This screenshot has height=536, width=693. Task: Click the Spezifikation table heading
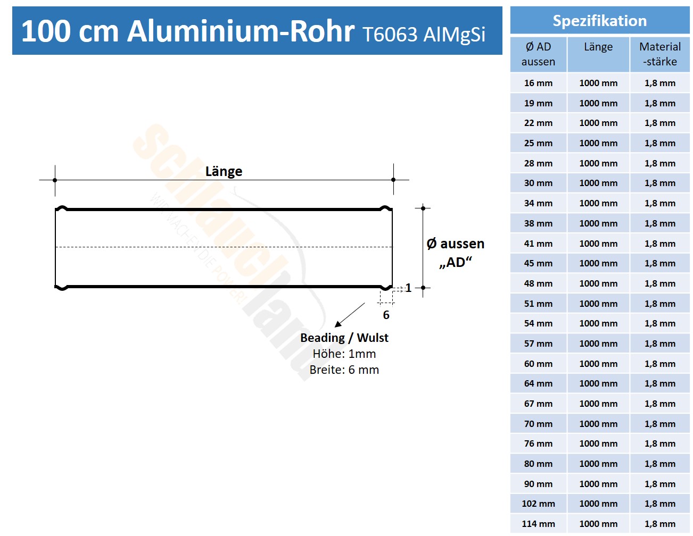pyautogui.click(x=599, y=21)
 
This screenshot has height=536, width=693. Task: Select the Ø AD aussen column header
pyautogui.click(x=538, y=54)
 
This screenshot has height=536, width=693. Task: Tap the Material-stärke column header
pyautogui.click(x=659, y=54)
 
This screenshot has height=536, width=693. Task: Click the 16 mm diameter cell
pyautogui.click(x=538, y=83)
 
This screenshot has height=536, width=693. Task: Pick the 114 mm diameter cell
pyautogui.click(x=538, y=524)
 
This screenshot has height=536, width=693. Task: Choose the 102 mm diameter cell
pyautogui.click(x=538, y=504)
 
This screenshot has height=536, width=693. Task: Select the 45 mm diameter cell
pyautogui.click(x=538, y=263)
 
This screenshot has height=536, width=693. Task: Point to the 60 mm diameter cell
pyautogui.click(x=538, y=364)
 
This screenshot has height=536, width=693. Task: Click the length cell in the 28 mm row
pyautogui.click(x=598, y=163)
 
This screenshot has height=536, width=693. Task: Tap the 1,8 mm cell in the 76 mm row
pyautogui.click(x=659, y=443)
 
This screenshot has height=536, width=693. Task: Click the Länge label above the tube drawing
pyautogui.click(x=224, y=171)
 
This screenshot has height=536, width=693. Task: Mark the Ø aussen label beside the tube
pyautogui.click(x=456, y=244)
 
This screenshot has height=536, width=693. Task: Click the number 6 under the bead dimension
pyautogui.click(x=386, y=315)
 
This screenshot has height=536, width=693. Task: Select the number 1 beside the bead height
pyautogui.click(x=408, y=288)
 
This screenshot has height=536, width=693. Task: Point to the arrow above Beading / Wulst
pyautogui.click(x=349, y=315)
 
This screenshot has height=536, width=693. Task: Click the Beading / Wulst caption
pyautogui.click(x=344, y=338)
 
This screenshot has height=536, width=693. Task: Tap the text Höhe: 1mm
pyautogui.click(x=344, y=354)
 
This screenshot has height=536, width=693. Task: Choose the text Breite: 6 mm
pyautogui.click(x=344, y=370)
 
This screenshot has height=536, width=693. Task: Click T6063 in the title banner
pyautogui.click(x=390, y=34)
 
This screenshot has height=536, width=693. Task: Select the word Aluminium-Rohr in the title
pyautogui.click(x=241, y=31)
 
